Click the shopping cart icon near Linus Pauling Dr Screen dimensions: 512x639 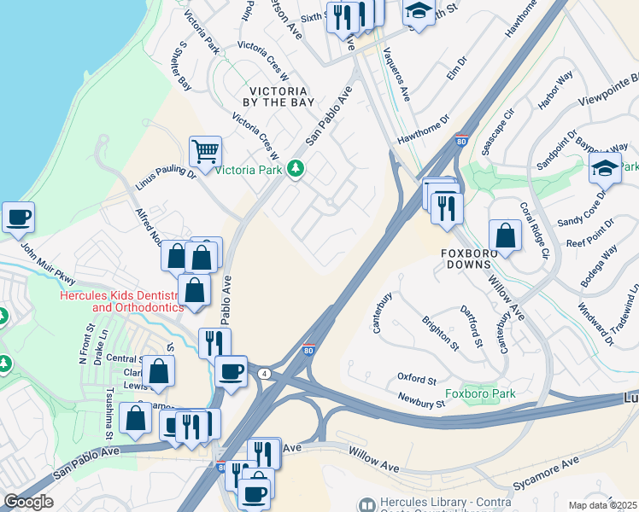click(205, 153)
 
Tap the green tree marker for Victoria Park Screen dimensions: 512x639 click(296, 169)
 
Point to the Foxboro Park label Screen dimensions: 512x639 click(480, 393)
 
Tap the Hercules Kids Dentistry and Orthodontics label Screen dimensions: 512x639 click(121, 301)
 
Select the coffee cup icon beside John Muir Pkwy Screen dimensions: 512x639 click(18, 217)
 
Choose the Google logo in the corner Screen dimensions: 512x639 click(29, 501)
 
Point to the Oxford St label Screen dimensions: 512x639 click(417, 377)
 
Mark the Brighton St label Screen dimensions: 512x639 click(440, 334)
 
